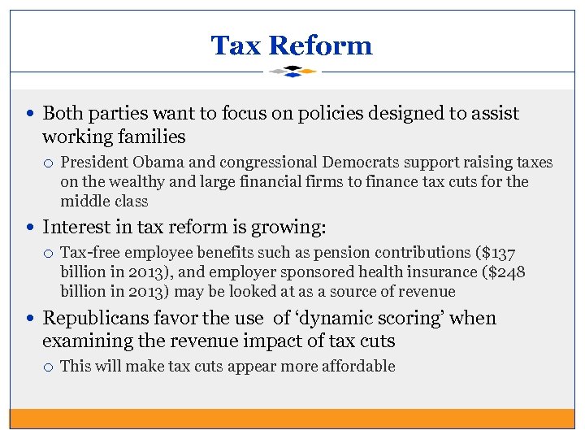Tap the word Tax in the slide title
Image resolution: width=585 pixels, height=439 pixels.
pyautogui.click(x=235, y=46)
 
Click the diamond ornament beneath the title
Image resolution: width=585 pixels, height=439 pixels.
pyautogui.click(x=292, y=72)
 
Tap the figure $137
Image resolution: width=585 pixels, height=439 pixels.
pyautogui.click(x=496, y=254)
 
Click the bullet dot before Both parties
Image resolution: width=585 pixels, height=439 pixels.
pyautogui.click(x=32, y=114)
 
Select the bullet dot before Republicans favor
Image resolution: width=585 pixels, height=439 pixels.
pyautogui.click(x=32, y=319)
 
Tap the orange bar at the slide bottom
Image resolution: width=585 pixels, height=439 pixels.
pyautogui.click(x=292, y=418)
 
